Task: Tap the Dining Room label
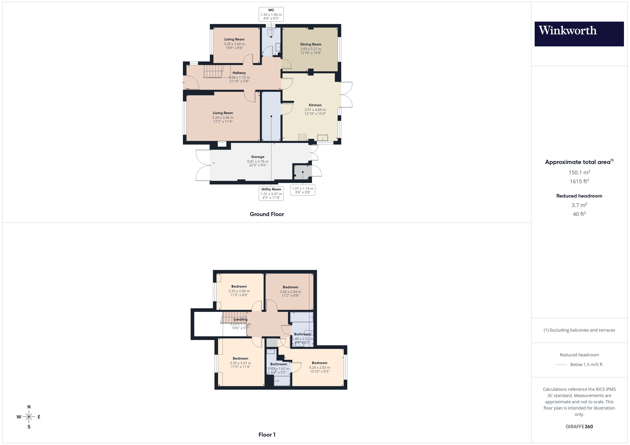point(311,44)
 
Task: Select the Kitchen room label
point(315,105)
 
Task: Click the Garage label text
point(258,157)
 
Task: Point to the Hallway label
point(239,73)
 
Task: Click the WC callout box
point(271,14)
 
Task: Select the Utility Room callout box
point(271,193)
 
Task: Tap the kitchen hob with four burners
point(302,137)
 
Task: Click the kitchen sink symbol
point(322,137)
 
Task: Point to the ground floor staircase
point(213,71)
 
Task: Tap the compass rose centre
point(29,417)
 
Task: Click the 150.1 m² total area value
point(579,172)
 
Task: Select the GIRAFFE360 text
point(579,426)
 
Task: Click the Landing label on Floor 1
point(240,319)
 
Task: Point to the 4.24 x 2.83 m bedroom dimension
point(319,367)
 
